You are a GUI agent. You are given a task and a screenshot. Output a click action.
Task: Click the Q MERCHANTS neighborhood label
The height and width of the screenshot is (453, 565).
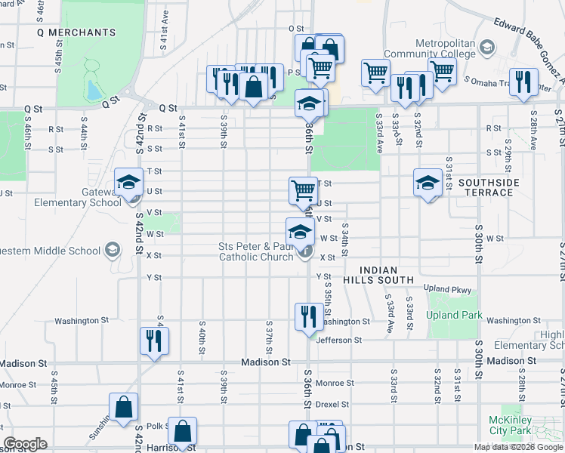[x=76, y=32]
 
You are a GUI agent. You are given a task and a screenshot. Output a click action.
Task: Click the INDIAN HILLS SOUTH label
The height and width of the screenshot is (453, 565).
[x=387, y=275]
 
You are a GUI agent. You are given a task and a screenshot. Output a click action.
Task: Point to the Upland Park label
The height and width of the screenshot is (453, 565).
[x=454, y=314]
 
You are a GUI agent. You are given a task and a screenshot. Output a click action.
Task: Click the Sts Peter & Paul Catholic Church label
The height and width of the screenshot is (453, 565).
[x=256, y=251]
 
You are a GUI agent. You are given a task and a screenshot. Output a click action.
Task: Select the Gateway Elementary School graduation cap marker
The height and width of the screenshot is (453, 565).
[x=128, y=182]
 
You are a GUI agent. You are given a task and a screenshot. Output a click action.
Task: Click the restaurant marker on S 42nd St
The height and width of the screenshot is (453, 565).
[x=154, y=341]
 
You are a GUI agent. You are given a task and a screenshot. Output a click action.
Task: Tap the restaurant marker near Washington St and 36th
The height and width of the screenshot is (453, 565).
[x=307, y=316]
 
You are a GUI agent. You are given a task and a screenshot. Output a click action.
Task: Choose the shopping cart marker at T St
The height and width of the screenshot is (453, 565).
[x=303, y=190]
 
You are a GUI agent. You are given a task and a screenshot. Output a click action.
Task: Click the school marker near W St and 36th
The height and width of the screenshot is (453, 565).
[x=300, y=230]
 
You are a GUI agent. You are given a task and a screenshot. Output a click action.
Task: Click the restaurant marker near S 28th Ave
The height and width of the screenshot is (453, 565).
[x=523, y=82]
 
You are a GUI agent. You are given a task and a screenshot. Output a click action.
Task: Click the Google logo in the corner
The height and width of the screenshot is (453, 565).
[x=26, y=444]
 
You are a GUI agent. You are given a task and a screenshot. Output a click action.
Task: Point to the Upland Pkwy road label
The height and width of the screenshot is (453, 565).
[x=447, y=289]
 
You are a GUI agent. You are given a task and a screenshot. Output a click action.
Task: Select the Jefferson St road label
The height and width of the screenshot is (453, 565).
[x=339, y=341]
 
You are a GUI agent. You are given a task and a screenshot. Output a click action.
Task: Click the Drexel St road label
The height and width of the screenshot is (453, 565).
[x=333, y=404]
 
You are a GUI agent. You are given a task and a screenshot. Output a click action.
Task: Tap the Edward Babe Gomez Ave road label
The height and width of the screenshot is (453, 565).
[x=529, y=49]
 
